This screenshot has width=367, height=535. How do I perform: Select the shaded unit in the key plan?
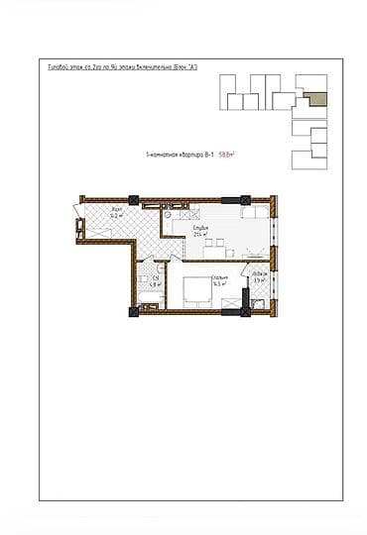(315, 97)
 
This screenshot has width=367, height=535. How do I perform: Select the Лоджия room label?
(258, 273)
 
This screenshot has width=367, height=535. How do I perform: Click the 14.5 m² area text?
(218, 284)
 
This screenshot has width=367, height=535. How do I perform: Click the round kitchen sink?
(170, 214)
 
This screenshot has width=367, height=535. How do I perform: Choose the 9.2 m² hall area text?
(116, 217)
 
